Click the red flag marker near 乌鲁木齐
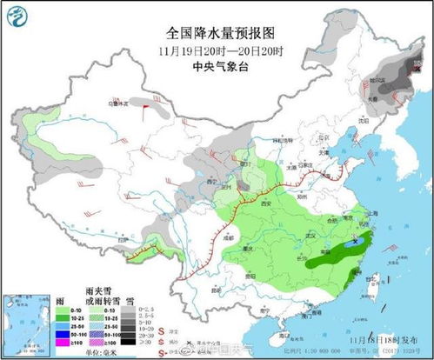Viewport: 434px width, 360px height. (159, 110)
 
